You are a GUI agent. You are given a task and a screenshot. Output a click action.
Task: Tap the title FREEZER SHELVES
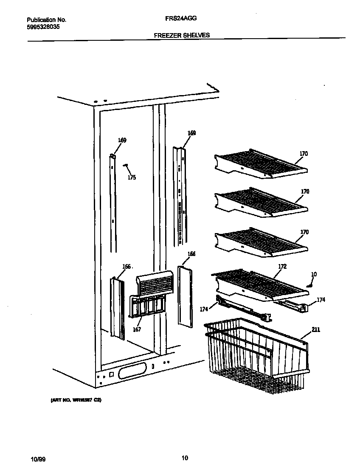(x=182, y=35)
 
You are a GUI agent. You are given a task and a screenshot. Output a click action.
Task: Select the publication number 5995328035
(x=43, y=26)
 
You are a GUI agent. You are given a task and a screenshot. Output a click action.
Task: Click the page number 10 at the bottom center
(x=184, y=458)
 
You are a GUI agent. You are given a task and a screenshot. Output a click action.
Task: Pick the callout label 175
(x=132, y=177)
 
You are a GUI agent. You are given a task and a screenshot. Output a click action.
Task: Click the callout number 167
(x=137, y=329)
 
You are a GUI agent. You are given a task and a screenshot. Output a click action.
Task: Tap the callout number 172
(x=282, y=267)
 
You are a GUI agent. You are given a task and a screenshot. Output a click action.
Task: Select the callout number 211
(x=316, y=329)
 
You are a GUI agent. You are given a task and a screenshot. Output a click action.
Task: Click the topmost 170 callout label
(x=304, y=154)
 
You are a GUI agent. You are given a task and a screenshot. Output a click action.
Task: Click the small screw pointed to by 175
(x=125, y=166)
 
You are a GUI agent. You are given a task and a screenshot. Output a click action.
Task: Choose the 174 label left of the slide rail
(x=204, y=309)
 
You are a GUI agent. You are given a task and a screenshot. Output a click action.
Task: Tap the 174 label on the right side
(x=321, y=300)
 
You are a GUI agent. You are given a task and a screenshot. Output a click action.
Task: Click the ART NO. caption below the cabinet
(x=76, y=400)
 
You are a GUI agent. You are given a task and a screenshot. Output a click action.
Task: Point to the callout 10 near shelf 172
(x=314, y=275)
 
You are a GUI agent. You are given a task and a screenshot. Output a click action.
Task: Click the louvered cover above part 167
(x=155, y=283)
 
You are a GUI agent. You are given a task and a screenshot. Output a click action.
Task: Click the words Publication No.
(x=46, y=20)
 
